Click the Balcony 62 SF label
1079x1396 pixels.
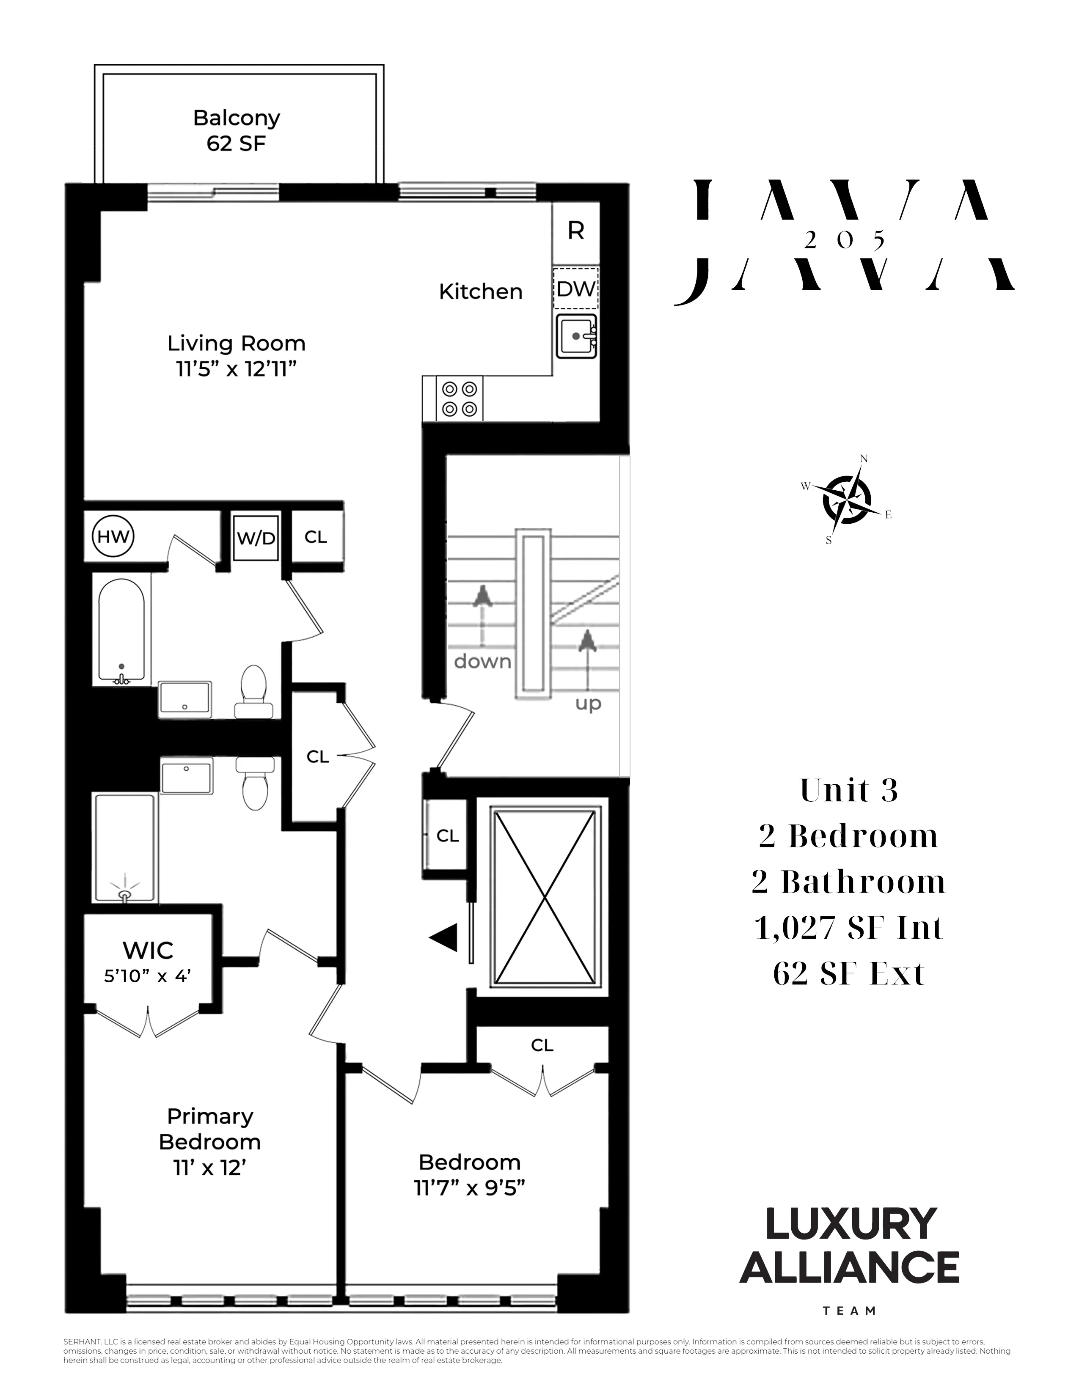(x=237, y=130)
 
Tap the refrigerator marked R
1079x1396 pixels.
(x=575, y=231)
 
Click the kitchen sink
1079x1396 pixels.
(x=576, y=335)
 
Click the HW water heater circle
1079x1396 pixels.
(x=113, y=536)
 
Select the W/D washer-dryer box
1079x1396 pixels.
(x=256, y=538)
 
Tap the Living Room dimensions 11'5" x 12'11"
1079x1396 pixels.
(x=237, y=369)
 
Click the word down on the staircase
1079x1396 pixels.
(x=483, y=661)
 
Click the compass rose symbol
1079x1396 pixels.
(x=846, y=500)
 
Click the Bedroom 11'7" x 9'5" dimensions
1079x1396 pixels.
(x=469, y=1187)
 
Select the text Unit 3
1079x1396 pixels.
(x=849, y=791)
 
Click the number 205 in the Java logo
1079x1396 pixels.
(x=845, y=240)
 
